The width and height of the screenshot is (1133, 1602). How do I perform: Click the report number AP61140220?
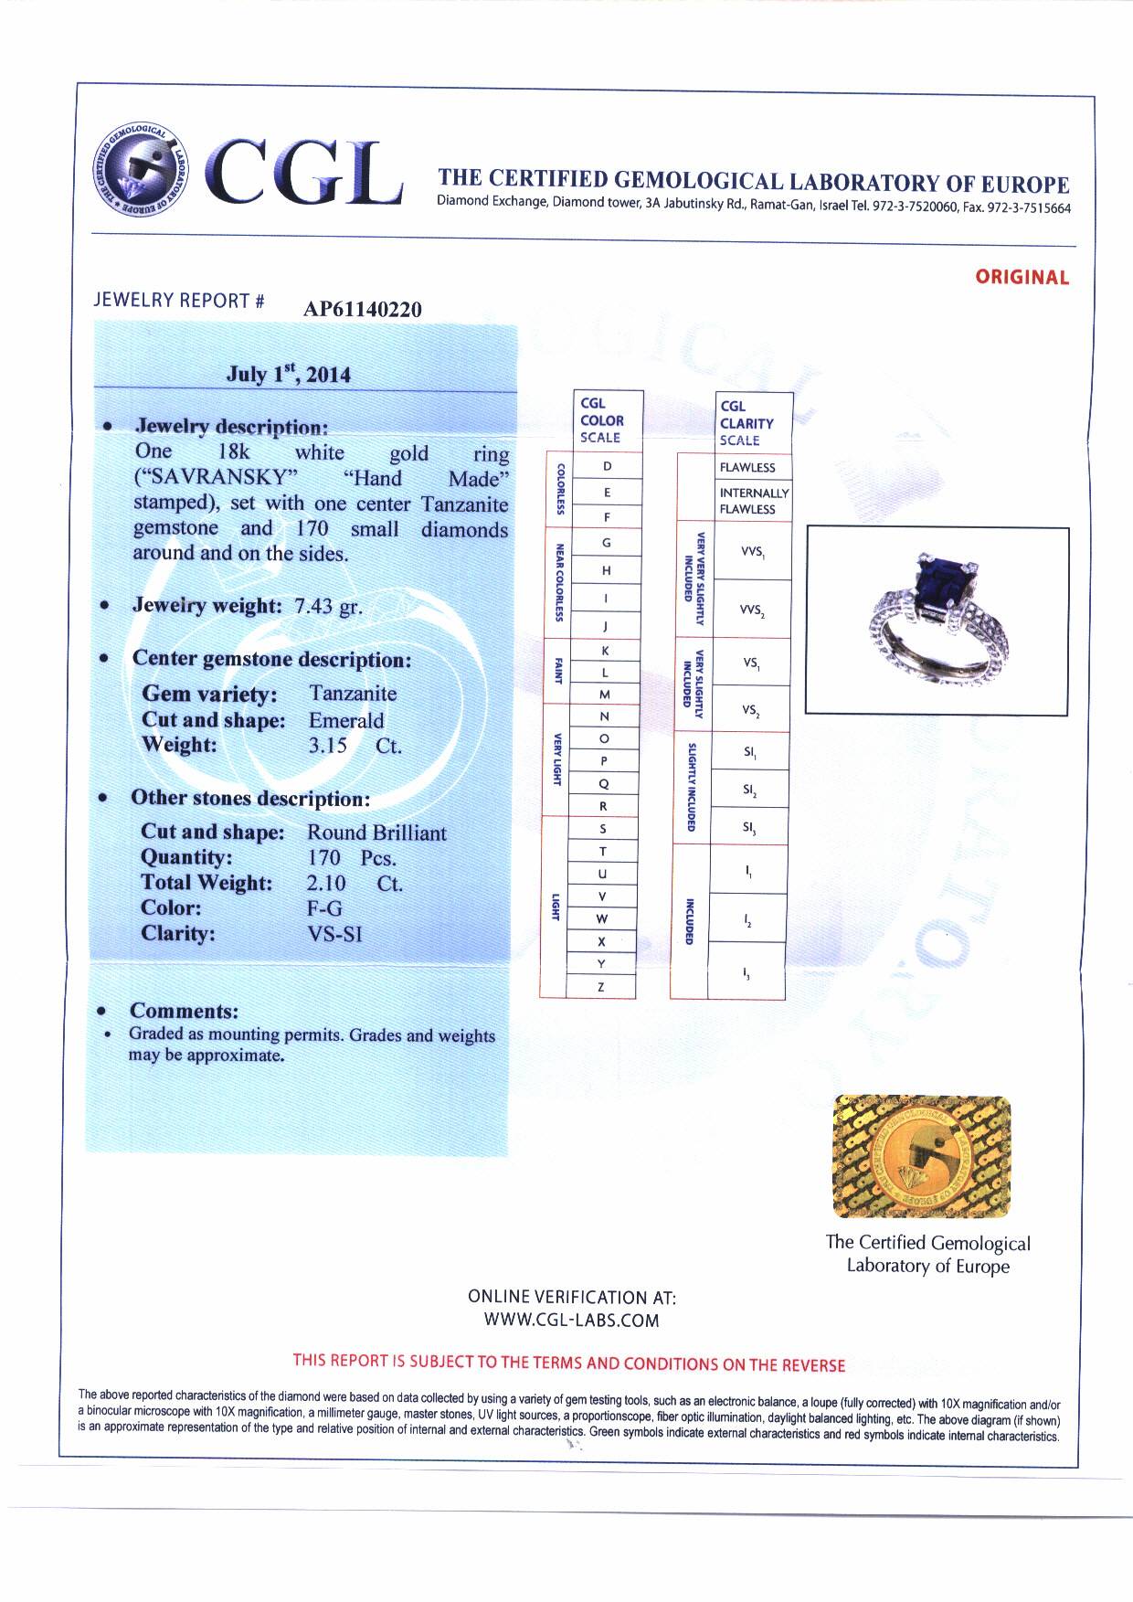click(363, 309)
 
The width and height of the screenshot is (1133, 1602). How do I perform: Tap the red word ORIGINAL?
click(1022, 277)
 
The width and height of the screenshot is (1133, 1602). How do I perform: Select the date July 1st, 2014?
click(289, 374)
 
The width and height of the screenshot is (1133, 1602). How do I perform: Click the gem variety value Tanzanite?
click(353, 693)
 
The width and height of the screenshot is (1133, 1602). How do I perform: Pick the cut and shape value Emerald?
click(346, 720)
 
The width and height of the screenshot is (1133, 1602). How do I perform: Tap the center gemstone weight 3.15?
click(327, 745)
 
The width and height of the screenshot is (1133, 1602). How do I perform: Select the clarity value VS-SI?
click(334, 934)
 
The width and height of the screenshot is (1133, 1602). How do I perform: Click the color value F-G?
click(324, 908)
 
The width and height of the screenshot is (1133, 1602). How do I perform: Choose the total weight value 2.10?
click(326, 883)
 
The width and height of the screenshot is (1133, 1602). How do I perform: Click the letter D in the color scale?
click(607, 466)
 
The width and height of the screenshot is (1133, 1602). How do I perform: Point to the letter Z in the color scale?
click(601, 987)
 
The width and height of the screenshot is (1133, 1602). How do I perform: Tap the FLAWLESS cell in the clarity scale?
click(747, 467)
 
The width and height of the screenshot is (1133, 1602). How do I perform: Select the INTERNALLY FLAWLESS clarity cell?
click(753, 501)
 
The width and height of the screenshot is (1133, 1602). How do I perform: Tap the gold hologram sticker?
click(922, 1156)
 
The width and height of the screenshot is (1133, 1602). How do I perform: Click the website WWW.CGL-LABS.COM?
click(571, 1320)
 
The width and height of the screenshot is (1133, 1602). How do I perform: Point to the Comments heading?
click(184, 1011)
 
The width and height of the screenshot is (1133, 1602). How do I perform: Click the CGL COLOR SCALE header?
click(601, 420)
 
